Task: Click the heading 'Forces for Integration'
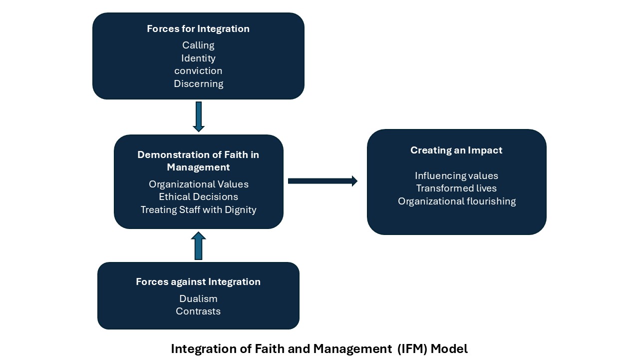click(x=198, y=29)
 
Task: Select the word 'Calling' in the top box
click(x=198, y=45)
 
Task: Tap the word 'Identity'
click(x=198, y=58)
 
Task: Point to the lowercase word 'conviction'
click(x=198, y=71)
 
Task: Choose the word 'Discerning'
click(x=198, y=84)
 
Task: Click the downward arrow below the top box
click(x=199, y=116)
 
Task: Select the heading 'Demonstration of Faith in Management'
click(x=198, y=160)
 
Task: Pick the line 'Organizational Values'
click(x=198, y=184)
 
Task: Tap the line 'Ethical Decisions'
click(x=198, y=197)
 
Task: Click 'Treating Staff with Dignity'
click(x=198, y=210)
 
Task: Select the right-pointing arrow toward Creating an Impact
click(x=322, y=181)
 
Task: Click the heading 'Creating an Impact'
click(x=456, y=150)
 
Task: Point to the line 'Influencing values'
click(x=456, y=176)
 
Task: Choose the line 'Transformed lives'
click(x=456, y=188)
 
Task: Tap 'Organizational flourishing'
click(x=456, y=201)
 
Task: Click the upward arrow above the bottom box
click(x=198, y=245)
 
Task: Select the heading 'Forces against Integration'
click(x=198, y=282)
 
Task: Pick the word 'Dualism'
click(x=198, y=298)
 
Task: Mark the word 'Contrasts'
click(x=198, y=311)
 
